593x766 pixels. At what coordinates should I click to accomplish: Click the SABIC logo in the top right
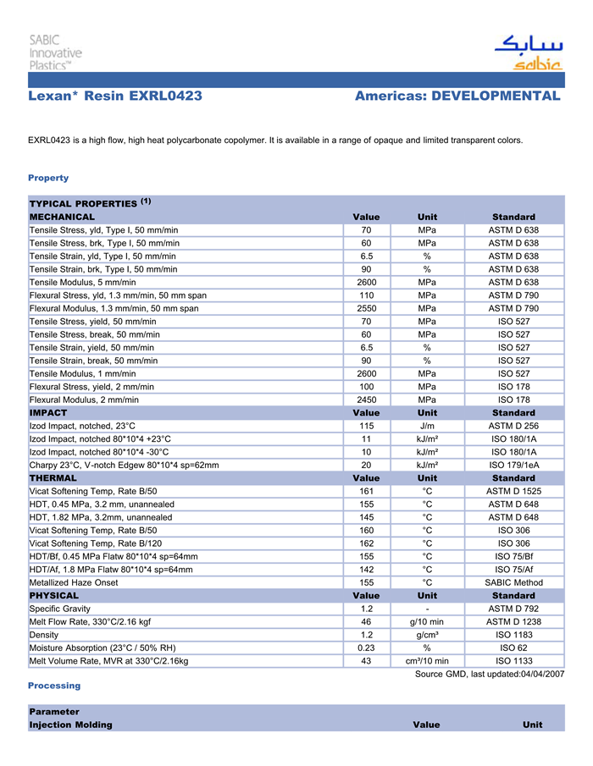click(528, 52)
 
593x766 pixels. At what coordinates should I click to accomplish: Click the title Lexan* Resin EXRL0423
click(115, 96)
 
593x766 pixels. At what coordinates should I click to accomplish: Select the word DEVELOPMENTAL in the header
click(496, 96)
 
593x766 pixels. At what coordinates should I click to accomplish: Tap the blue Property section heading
click(48, 178)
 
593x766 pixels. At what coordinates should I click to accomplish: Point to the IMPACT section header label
click(48, 413)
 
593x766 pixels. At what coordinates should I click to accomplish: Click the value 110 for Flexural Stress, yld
click(367, 295)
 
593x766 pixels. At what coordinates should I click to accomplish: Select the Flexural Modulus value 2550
click(367, 309)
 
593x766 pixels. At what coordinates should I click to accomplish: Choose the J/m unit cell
click(428, 426)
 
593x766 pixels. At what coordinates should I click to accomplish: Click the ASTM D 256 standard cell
click(513, 426)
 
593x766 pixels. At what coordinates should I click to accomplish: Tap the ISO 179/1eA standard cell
click(513, 465)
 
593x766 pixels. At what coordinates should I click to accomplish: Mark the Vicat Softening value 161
click(367, 491)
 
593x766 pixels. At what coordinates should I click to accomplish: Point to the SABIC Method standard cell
click(513, 582)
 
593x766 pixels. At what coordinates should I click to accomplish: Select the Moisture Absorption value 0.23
click(367, 648)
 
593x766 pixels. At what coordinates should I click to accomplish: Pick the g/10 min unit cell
click(428, 622)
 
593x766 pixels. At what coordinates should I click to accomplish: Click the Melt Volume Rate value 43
click(367, 661)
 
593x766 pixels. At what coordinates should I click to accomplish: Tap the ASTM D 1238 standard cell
click(513, 622)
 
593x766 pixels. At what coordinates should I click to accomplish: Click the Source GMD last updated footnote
click(489, 674)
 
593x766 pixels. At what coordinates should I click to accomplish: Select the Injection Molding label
click(70, 725)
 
